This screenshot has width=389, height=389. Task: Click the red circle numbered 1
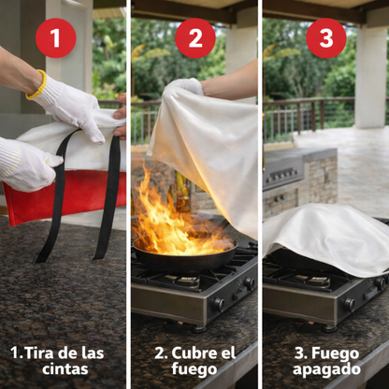point(56,38)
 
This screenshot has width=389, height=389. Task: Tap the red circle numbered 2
point(195,38)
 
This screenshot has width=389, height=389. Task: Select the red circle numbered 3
point(326,38)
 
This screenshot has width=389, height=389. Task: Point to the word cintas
point(65,369)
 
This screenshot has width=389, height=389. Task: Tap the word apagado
point(326,370)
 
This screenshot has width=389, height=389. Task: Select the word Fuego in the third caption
point(336,354)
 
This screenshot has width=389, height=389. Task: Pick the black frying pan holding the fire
point(184,254)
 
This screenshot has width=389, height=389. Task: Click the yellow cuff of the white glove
point(37,85)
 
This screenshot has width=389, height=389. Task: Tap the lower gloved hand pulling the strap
point(29,165)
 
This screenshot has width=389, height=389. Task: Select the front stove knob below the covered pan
point(350,305)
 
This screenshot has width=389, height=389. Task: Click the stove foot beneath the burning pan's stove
point(199,328)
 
